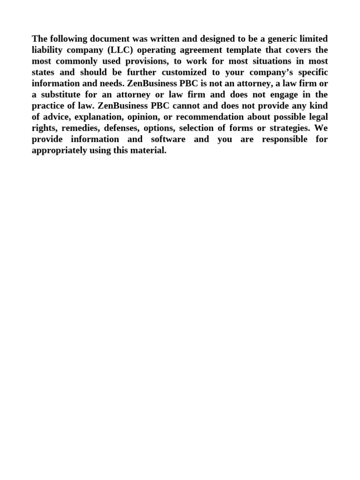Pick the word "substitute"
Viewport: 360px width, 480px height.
point(61,94)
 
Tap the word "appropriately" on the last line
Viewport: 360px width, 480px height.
point(60,150)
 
